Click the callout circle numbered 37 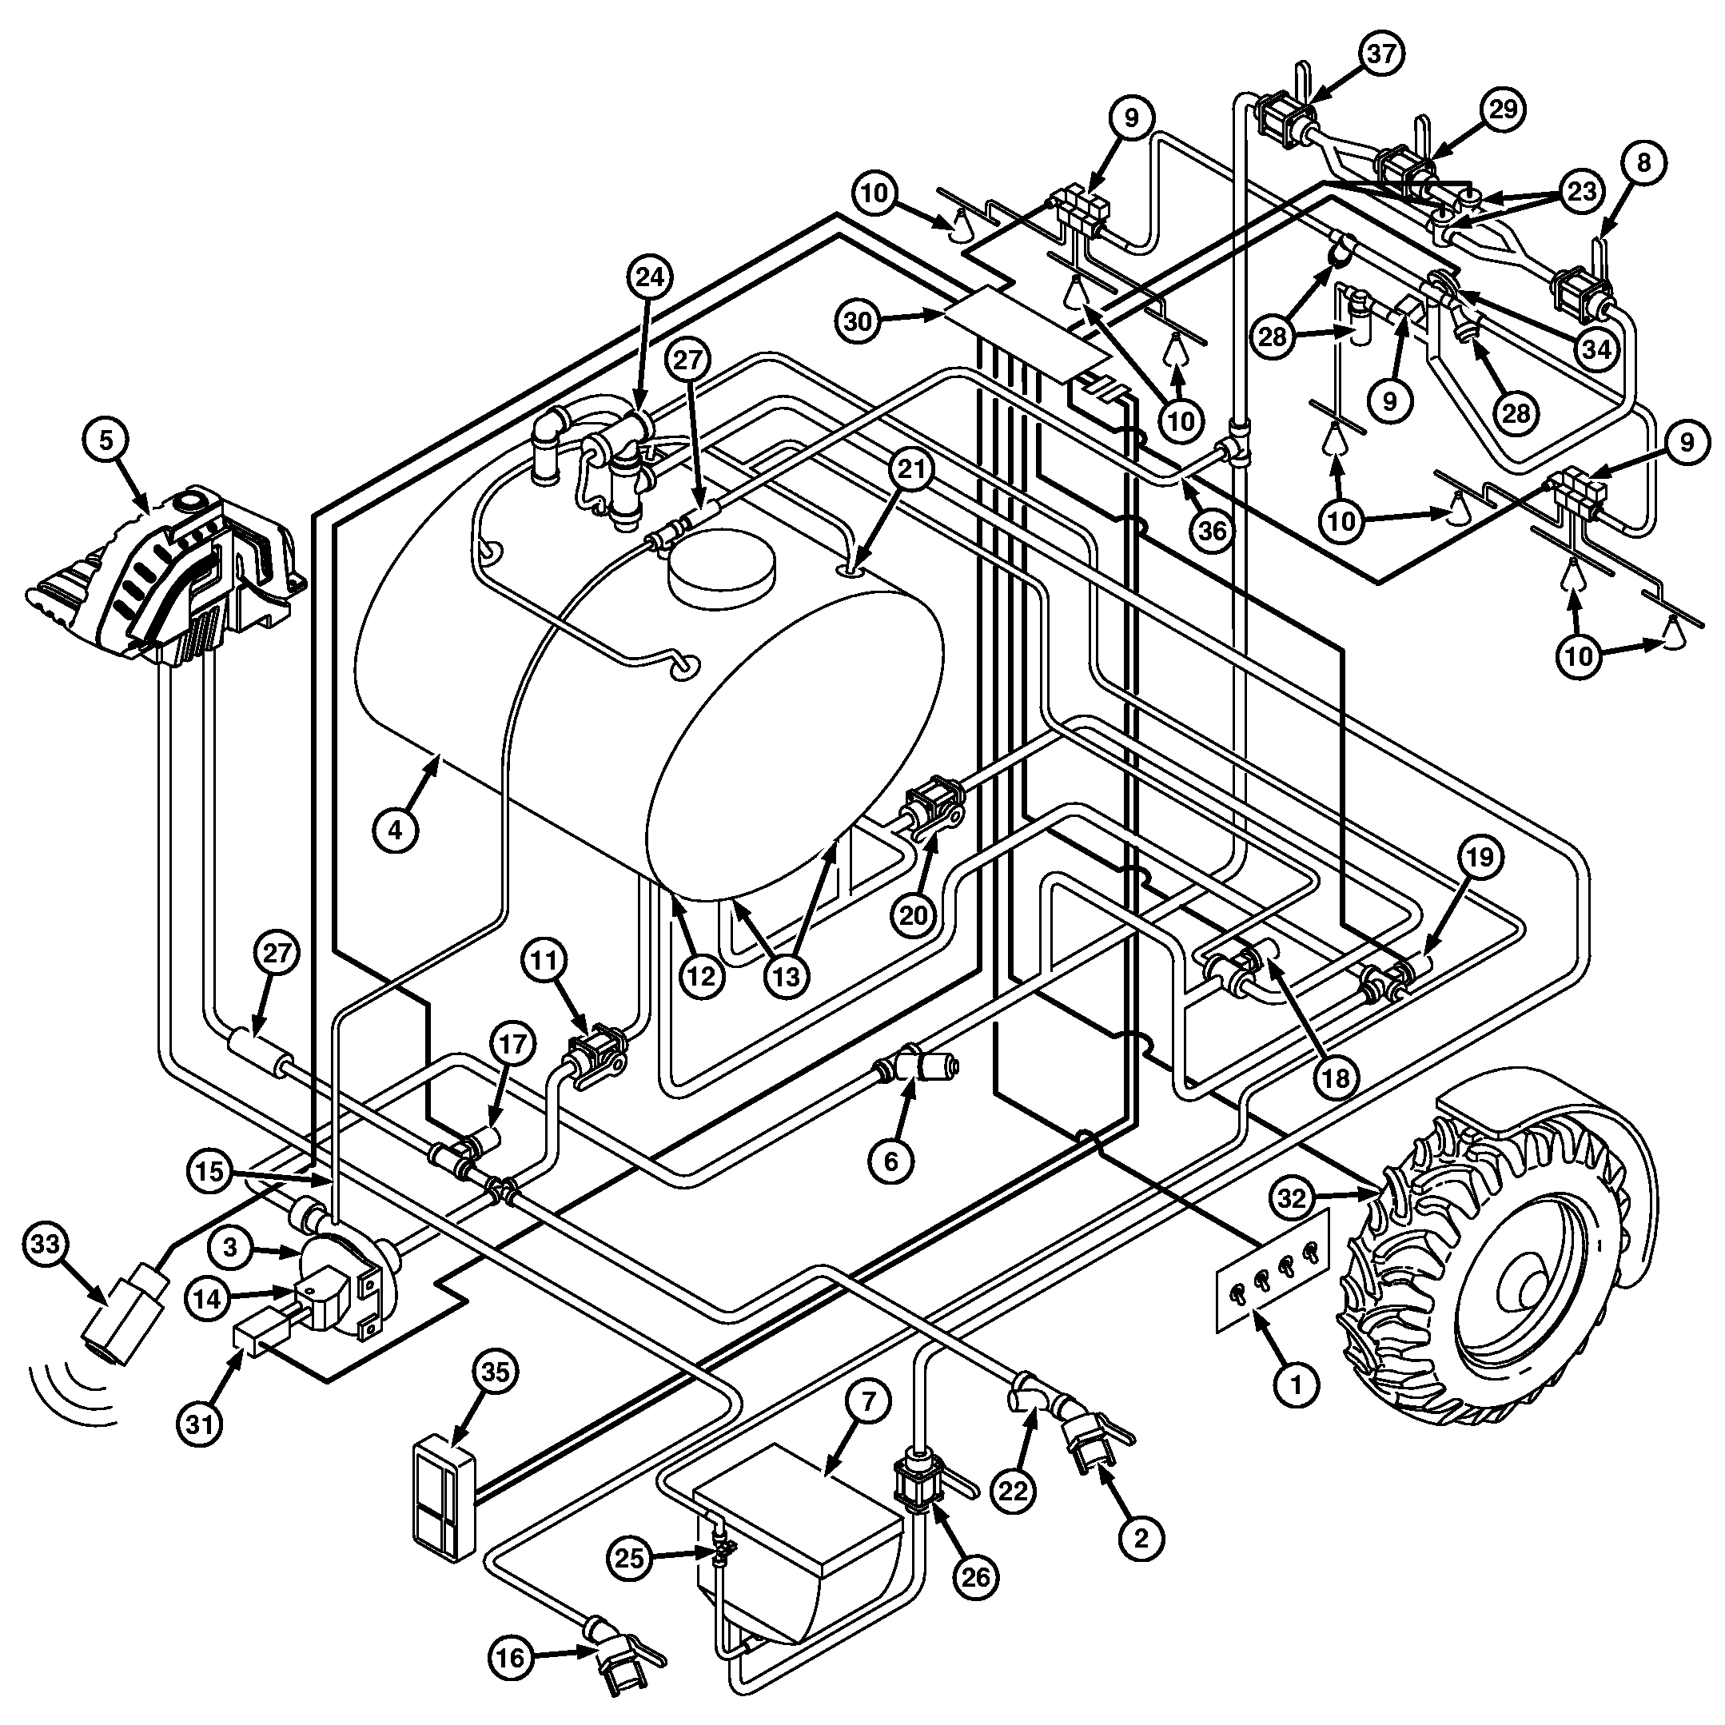click(x=1381, y=54)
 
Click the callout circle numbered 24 click(x=650, y=277)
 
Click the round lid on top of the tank click(x=723, y=566)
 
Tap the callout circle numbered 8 click(x=1644, y=161)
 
